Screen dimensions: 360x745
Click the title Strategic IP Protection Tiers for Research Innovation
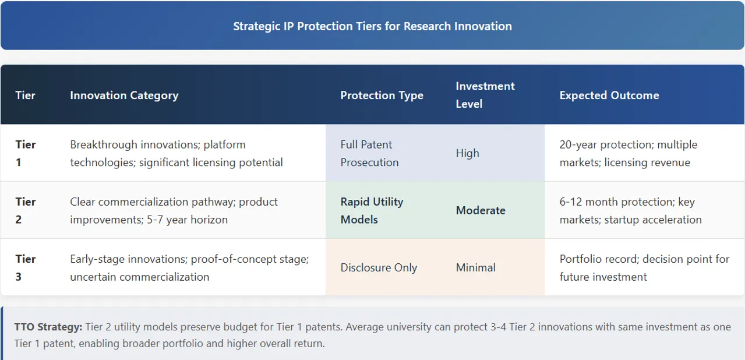tap(372, 26)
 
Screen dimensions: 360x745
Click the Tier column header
tap(25, 95)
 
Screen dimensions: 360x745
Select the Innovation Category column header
tap(124, 95)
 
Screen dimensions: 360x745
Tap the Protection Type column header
tap(382, 95)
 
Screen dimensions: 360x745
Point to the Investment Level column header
tap(485, 95)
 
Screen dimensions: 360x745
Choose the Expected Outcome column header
tap(609, 95)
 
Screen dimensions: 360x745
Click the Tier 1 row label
tap(25, 153)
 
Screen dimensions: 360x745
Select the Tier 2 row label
tap(25, 210)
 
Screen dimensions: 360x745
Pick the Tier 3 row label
tap(25, 267)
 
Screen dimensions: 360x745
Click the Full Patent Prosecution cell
tap(369, 153)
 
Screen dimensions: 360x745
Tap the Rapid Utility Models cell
tap(372, 210)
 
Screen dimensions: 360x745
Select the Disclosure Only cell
tap(379, 267)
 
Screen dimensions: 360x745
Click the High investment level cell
tap(467, 153)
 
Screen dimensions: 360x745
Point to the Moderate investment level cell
tap(481, 210)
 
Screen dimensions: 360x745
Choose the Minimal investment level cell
tap(475, 267)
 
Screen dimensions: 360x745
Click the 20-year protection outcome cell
tap(628, 153)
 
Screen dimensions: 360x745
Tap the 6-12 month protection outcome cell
tap(630, 210)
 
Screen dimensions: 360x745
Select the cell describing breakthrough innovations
tap(176, 153)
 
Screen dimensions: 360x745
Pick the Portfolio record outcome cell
tap(644, 267)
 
